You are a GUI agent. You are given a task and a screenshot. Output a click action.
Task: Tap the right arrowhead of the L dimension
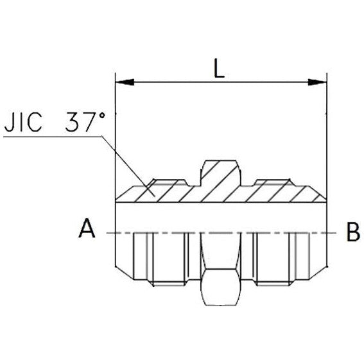tap(318, 82)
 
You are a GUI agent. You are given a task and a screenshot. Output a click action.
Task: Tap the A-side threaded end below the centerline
tap(154, 257)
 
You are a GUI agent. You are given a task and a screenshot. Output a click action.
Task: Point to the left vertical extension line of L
tap(115, 128)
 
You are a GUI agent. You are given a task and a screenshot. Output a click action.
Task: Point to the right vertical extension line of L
tap(327, 128)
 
